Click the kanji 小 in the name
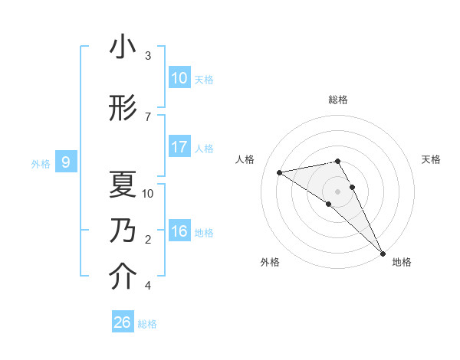click(123, 49)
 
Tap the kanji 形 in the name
click(123, 110)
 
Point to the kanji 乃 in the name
click(123, 231)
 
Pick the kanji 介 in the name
click(123, 277)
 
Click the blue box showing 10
click(179, 78)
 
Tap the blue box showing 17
click(179, 147)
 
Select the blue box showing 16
click(179, 231)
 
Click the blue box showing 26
click(123, 322)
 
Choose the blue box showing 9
click(67, 162)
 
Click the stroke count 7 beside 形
click(148, 116)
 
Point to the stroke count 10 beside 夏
click(148, 193)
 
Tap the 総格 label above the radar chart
click(338, 100)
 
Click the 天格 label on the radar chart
click(432, 159)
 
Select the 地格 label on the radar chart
click(402, 262)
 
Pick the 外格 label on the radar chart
click(270, 262)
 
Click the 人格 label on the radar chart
click(245, 159)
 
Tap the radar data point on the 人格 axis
click(280, 172)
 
